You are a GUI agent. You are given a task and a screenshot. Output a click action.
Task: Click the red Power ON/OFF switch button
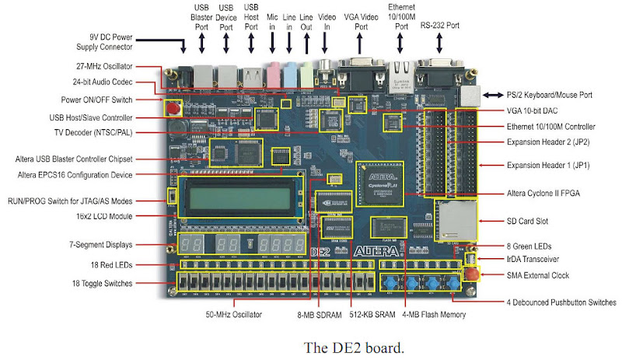(173, 108)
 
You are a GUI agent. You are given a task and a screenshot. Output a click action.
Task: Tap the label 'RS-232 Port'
(440, 26)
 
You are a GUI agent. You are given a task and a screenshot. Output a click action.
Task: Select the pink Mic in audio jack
(272, 75)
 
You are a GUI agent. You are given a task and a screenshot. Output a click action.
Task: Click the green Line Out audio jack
(306, 75)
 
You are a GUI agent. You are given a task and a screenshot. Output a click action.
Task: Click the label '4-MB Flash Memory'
(434, 315)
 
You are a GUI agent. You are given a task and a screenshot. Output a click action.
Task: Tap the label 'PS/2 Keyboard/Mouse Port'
(549, 94)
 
